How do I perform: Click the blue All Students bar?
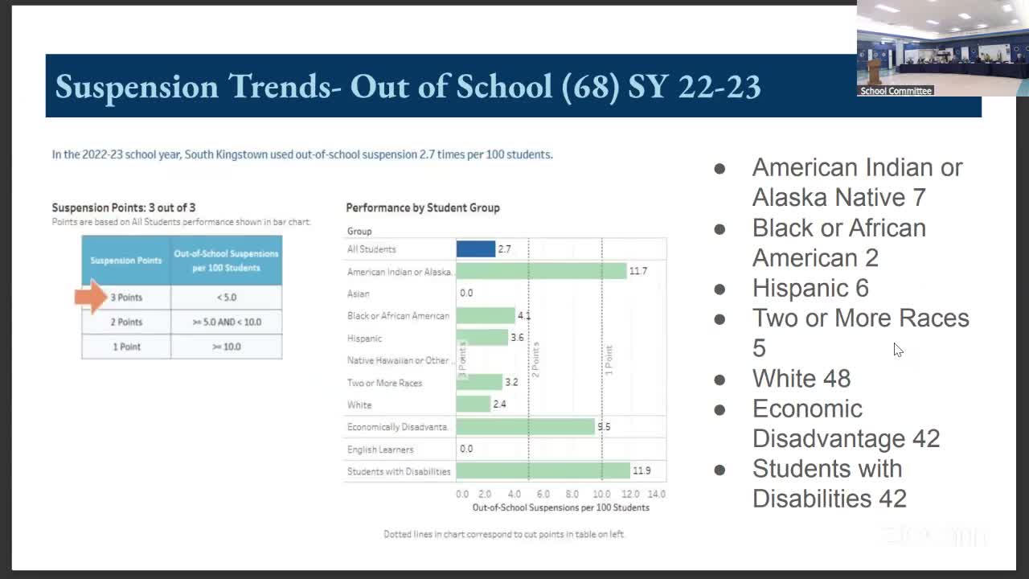[476, 249]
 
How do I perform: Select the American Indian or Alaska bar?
[541, 271]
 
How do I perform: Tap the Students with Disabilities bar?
[543, 471]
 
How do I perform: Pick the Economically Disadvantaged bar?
[525, 427]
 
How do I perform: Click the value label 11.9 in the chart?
[642, 471]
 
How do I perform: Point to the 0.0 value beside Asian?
[466, 294]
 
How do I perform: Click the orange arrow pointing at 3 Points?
[90, 297]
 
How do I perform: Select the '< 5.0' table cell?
[226, 298]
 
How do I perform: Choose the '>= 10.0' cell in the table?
[226, 347]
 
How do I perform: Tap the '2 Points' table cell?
[126, 322]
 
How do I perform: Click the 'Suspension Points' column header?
[126, 261]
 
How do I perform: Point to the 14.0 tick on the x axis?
[656, 494]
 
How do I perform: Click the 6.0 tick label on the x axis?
[543, 494]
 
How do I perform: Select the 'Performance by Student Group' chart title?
[423, 207]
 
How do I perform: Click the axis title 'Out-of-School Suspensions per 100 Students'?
[560, 507]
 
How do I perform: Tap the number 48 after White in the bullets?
[836, 379]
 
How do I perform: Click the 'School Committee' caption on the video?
[896, 91]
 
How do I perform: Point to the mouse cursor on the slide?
[897, 349]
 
